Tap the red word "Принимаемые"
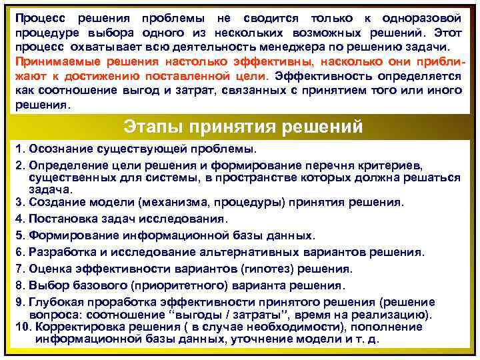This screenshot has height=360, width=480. [x=57, y=62]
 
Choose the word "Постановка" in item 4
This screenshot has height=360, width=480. [x=63, y=219]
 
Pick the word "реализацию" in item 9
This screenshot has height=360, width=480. [x=398, y=315]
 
